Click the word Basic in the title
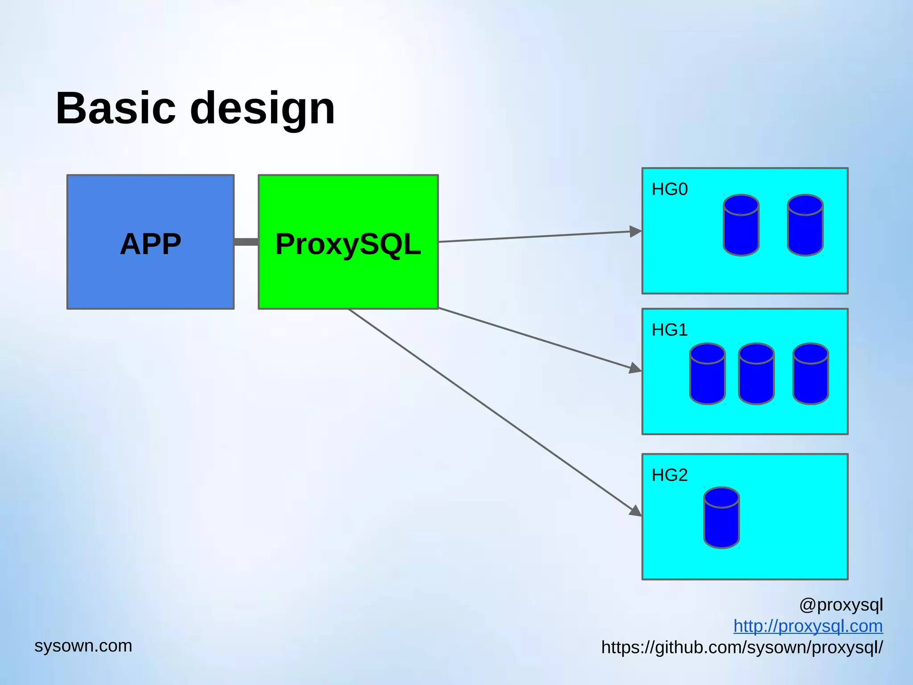pos(115,108)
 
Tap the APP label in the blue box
pos(151,244)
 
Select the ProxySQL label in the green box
pos(348,244)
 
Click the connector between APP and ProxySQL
pos(246,242)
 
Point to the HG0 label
pos(670,190)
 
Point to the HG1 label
pos(670,330)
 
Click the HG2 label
pos(670,475)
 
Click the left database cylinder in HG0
pos(741,225)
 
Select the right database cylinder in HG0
pos(805,225)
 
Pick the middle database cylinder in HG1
pos(757,374)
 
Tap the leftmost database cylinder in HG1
pos(707,374)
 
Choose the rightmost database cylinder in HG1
pos(811,374)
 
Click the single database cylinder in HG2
pos(722,518)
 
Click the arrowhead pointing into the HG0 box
pos(636,231)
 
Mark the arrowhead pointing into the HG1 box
pos(635,368)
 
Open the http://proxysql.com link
pos(808,626)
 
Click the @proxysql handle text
pos(841,605)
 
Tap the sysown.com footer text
pos(83,646)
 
